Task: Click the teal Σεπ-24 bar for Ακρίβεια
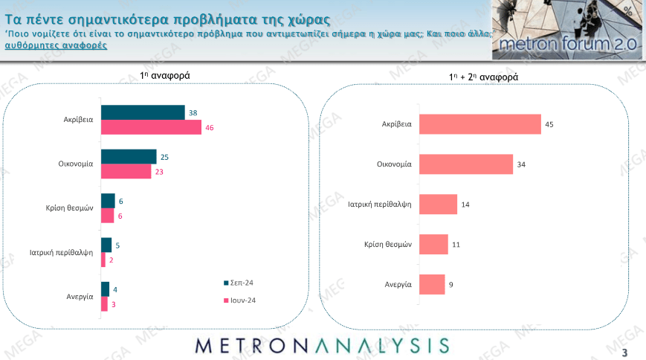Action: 143,112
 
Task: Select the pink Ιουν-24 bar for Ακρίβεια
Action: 151,128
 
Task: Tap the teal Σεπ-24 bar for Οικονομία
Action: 129,156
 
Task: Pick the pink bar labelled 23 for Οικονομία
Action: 126,172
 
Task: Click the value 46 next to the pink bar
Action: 210,128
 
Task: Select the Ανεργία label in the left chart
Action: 78,296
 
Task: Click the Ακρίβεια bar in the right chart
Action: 480,124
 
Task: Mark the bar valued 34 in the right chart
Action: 466,164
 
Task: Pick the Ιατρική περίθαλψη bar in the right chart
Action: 439,205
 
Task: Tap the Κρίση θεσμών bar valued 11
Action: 434,244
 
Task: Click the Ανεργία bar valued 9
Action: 432,284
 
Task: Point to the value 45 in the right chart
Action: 549,124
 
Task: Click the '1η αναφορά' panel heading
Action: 165,75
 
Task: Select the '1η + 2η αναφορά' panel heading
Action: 483,77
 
